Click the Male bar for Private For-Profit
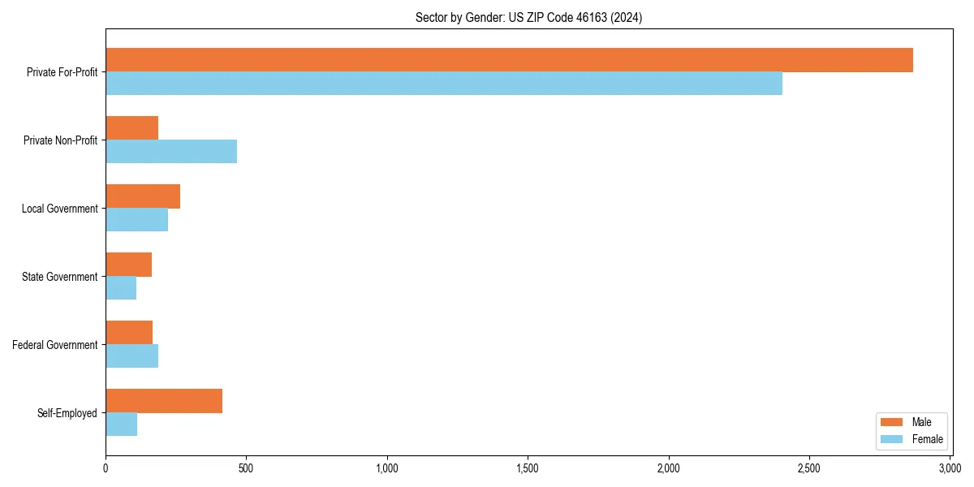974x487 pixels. point(509,60)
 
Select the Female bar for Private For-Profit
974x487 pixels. point(444,84)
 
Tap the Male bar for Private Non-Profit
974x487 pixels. point(131,128)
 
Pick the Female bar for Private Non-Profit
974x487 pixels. point(171,152)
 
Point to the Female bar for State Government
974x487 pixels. point(121,288)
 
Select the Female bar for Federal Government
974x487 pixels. point(131,356)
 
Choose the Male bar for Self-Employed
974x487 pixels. point(164,401)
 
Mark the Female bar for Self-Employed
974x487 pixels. point(121,425)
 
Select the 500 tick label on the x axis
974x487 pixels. point(246,468)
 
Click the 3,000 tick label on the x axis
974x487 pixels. point(950,468)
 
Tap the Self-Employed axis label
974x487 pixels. point(67,413)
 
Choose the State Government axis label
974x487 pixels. point(60,277)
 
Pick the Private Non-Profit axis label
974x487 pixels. point(60,140)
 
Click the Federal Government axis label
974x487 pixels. point(55,345)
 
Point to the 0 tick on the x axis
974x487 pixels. point(106,468)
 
